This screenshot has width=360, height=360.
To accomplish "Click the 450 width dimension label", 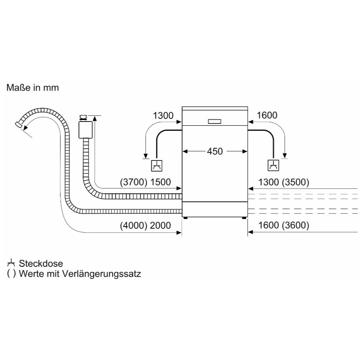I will coord(214,151).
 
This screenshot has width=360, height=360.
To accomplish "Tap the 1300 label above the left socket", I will coord(163,115).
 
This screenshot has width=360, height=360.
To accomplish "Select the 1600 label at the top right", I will coord(267,115).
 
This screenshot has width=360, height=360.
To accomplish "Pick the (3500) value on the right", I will coord(295,183).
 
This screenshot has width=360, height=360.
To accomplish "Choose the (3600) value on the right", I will coord(295,225).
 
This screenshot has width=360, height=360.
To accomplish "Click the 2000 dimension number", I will coord(161,225).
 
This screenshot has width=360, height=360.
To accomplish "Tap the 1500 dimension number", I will coord(161,183).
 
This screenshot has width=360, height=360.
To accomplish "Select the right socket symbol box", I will coord(273,165).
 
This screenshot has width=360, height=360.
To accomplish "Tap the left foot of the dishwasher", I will coord(186,218).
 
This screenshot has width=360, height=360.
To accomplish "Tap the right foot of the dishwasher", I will coord(244,218).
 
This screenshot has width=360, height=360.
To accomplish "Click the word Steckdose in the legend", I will coord(41,263).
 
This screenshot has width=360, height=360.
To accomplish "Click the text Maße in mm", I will coord(32,88).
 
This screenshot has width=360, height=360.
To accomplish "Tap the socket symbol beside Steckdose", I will coord(11,263).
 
